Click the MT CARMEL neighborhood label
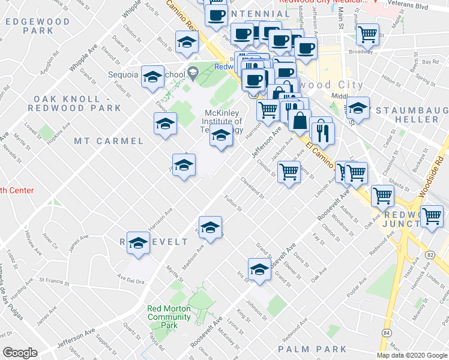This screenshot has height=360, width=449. pos(109,141)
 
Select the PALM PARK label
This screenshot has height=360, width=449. pos(313,349)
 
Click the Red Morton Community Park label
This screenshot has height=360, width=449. pos(169,317)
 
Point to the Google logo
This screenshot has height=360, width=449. pos(20,353)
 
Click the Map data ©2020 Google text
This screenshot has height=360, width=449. pos(412,355)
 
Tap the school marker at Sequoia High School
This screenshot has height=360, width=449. pos(153,76)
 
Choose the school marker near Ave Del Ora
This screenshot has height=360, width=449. pos(138,243)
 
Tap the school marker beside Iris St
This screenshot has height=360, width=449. pos(259,268)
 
